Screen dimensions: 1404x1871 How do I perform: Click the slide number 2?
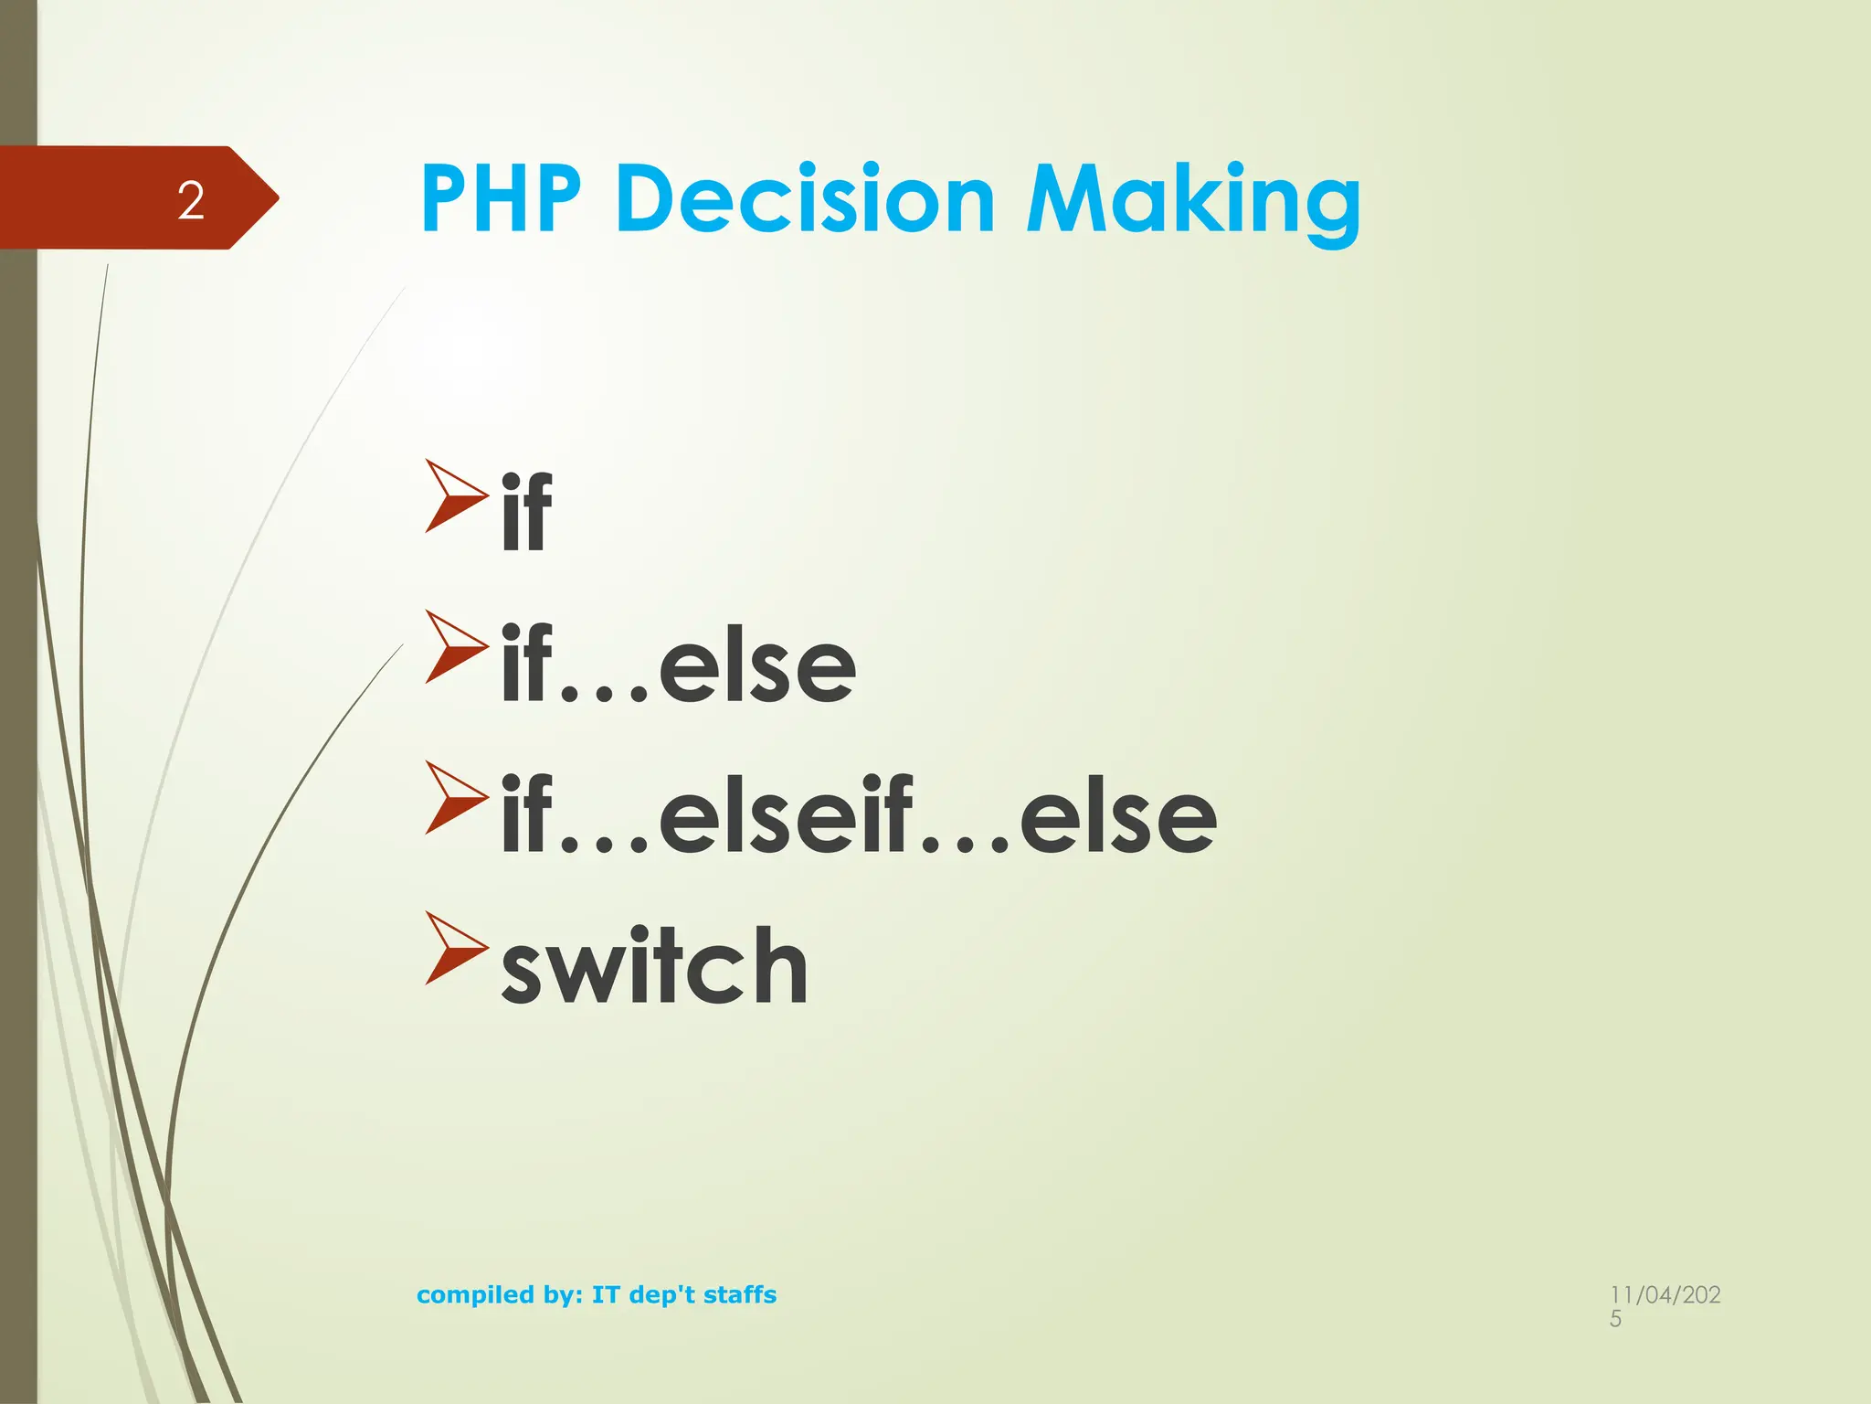click(191, 200)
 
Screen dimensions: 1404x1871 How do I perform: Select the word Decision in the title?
click(805, 200)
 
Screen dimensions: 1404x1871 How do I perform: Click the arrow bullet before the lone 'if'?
click(455, 496)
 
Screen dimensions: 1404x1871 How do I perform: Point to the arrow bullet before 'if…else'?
click(455, 647)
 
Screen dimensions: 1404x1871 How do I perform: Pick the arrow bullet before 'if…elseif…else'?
click(455, 798)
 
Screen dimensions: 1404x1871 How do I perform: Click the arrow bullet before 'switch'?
click(455, 949)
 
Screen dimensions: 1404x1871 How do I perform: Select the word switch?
click(654, 966)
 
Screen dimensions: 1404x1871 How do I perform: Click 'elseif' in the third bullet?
click(786, 815)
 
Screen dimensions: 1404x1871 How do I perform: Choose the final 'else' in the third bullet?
click(1118, 815)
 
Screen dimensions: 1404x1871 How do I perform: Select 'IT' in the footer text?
click(606, 1294)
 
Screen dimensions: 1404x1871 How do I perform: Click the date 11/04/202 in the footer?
click(1665, 1294)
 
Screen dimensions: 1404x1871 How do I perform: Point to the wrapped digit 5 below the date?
click(1615, 1319)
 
